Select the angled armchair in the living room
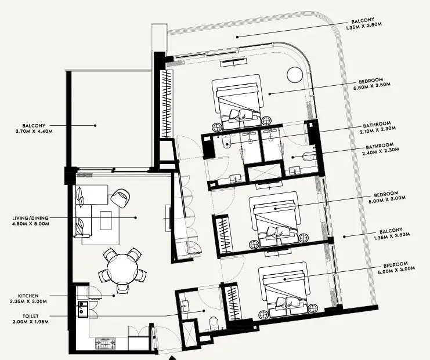(x=121, y=198)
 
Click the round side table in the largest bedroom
(x=294, y=75)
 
